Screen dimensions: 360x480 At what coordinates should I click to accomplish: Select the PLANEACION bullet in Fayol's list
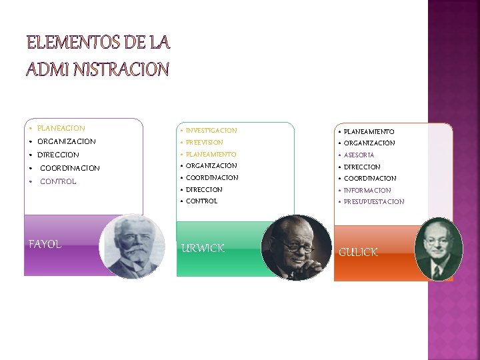61,128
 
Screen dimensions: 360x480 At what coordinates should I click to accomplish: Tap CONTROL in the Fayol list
58,181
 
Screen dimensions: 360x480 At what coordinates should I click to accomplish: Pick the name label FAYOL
45,244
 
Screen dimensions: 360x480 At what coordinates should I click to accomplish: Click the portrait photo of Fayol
133,245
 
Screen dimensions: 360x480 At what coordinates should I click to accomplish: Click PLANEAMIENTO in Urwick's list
211,155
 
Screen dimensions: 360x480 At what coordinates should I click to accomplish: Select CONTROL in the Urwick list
201,201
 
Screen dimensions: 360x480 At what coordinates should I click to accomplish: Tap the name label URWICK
203,249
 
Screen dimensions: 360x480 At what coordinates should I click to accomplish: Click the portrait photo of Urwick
297,247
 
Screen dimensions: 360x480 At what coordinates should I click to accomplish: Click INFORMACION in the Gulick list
367,191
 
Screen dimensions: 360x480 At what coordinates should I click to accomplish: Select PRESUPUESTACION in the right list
373,202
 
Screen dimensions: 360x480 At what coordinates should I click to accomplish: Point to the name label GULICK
358,252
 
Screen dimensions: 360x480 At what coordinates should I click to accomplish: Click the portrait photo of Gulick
438,249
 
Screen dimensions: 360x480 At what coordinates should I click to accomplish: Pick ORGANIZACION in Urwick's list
211,166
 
